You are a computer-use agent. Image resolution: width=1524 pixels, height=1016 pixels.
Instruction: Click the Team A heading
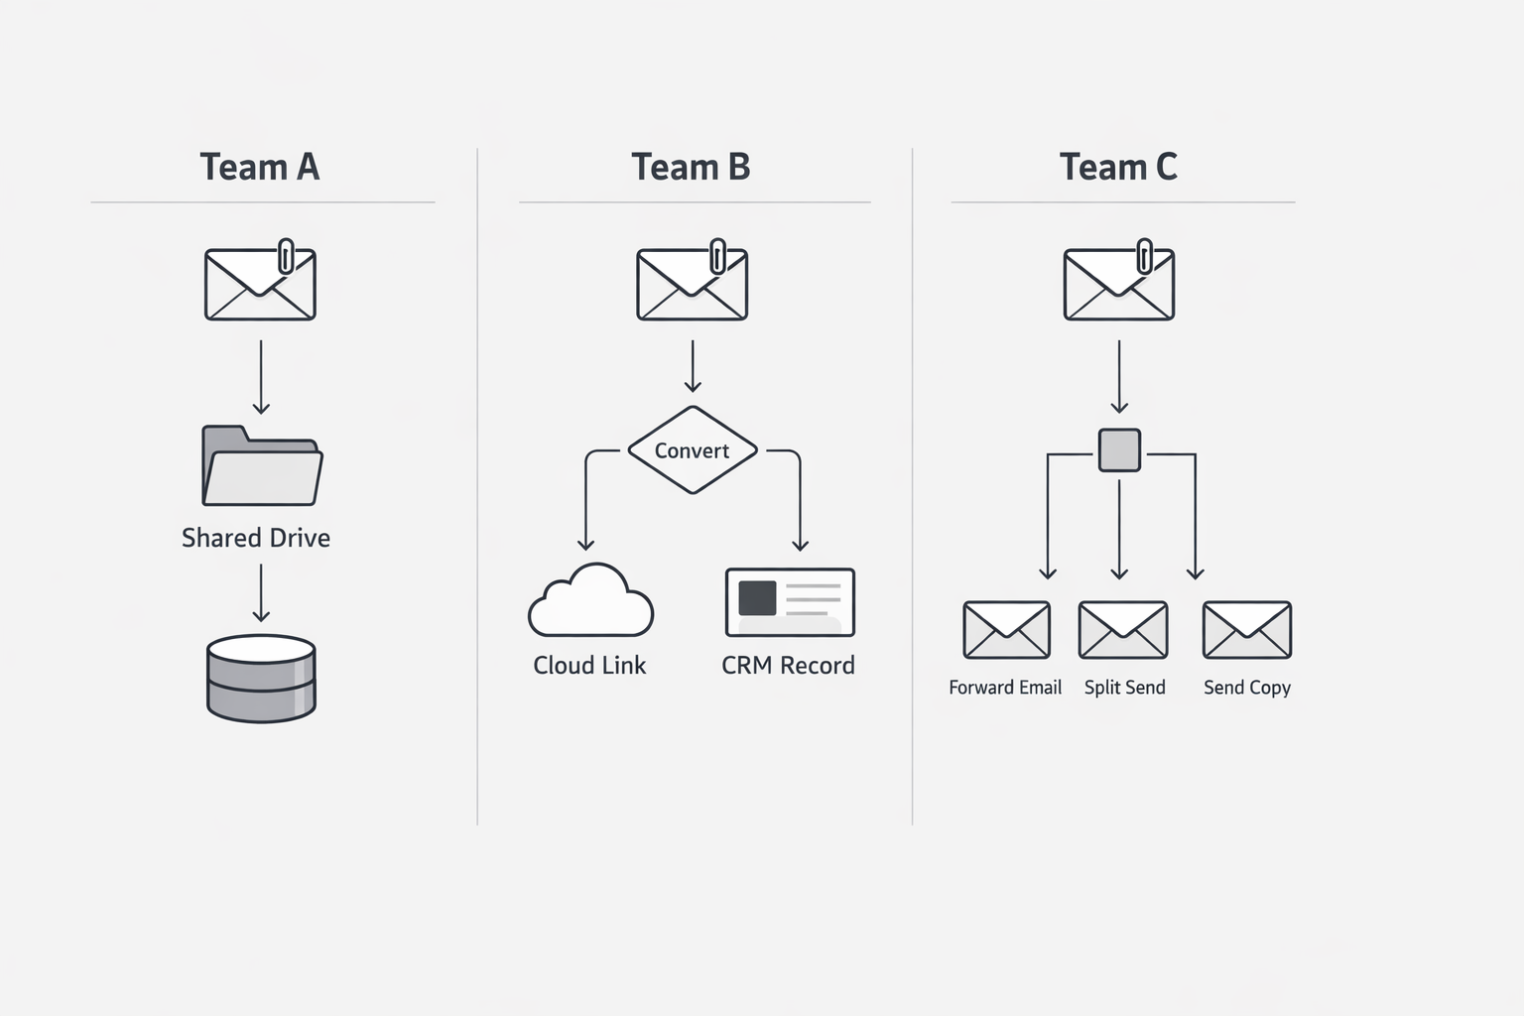click(260, 167)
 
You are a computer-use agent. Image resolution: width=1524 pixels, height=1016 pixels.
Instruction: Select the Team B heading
click(691, 167)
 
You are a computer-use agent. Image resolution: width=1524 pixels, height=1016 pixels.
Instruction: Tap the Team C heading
click(1118, 167)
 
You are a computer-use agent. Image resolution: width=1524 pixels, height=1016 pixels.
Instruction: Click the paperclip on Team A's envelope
click(287, 255)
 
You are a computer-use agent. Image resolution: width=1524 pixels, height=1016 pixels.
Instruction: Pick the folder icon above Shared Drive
click(262, 466)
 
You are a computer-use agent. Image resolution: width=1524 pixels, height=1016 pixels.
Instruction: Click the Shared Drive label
click(256, 538)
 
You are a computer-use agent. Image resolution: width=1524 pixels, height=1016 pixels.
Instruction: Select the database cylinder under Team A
click(261, 679)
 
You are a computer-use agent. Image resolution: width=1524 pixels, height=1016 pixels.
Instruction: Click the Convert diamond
click(693, 450)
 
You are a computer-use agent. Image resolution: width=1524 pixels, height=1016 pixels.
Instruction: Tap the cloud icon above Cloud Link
click(591, 601)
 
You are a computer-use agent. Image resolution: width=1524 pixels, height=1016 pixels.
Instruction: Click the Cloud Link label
click(589, 665)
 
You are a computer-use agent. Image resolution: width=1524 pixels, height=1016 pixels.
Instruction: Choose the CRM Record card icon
click(790, 602)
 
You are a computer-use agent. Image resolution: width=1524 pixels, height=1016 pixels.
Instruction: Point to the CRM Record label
click(788, 665)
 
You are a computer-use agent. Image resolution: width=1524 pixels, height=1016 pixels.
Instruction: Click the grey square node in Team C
click(1119, 450)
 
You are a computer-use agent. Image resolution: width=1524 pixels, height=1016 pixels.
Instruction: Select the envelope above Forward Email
click(1006, 630)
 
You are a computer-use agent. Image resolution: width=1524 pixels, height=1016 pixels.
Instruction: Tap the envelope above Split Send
click(1123, 630)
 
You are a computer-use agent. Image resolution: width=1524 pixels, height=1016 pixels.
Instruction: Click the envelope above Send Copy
click(1247, 630)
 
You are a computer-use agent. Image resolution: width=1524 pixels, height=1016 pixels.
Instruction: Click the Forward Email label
click(1005, 688)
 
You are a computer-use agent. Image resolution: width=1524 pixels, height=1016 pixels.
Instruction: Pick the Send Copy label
click(1247, 688)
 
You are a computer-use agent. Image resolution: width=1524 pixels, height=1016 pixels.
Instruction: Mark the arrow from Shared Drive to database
click(261, 593)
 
